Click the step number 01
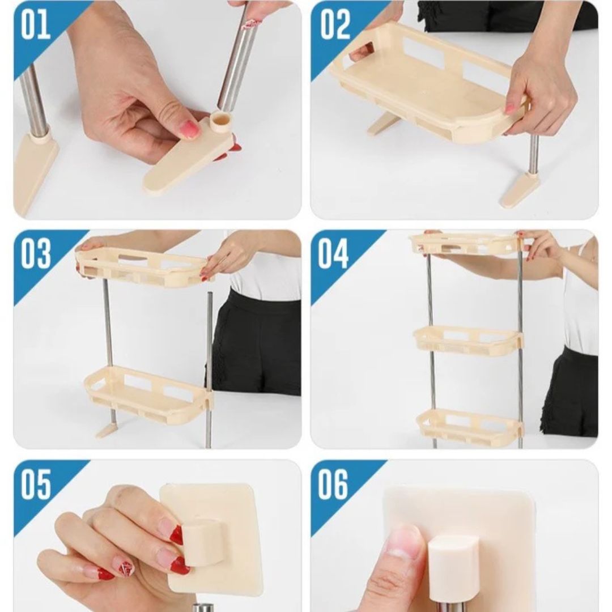pyautogui.click(x=36, y=24)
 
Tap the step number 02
pyautogui.click(x=335, y=24)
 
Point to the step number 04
pyautogui.click(x=333, y=254)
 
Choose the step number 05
pyautogui.click(x=36, y=484)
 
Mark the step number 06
pyautogui.click(x=333, y=484)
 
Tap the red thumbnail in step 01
pyautogui.click(x=190, y=129)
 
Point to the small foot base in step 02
pyautogui.click(x=517, y=189)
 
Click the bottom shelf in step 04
pyautogui.click(x=470, y=427)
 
